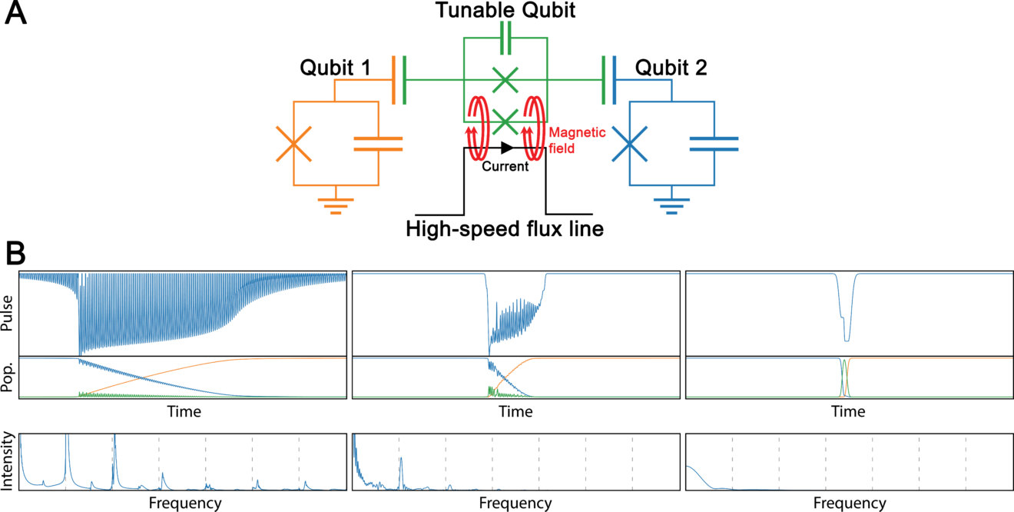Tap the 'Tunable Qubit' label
[x=505, y=12]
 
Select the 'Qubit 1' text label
[x=335, y=69]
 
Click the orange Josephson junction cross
[x=293, y=144]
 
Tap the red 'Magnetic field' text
[x=577, y=139]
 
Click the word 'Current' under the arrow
[x=505, y=166]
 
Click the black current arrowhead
[x=507, y=148]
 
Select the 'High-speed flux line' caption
[x=504, y=228]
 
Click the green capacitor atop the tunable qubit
[x=505, y=37]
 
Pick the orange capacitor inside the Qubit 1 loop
[x=378, y=143]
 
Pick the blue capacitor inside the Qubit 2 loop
[x=714, y=143]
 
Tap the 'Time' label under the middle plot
[x=515, y=412]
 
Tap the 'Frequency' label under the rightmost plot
[x=849, y=504]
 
